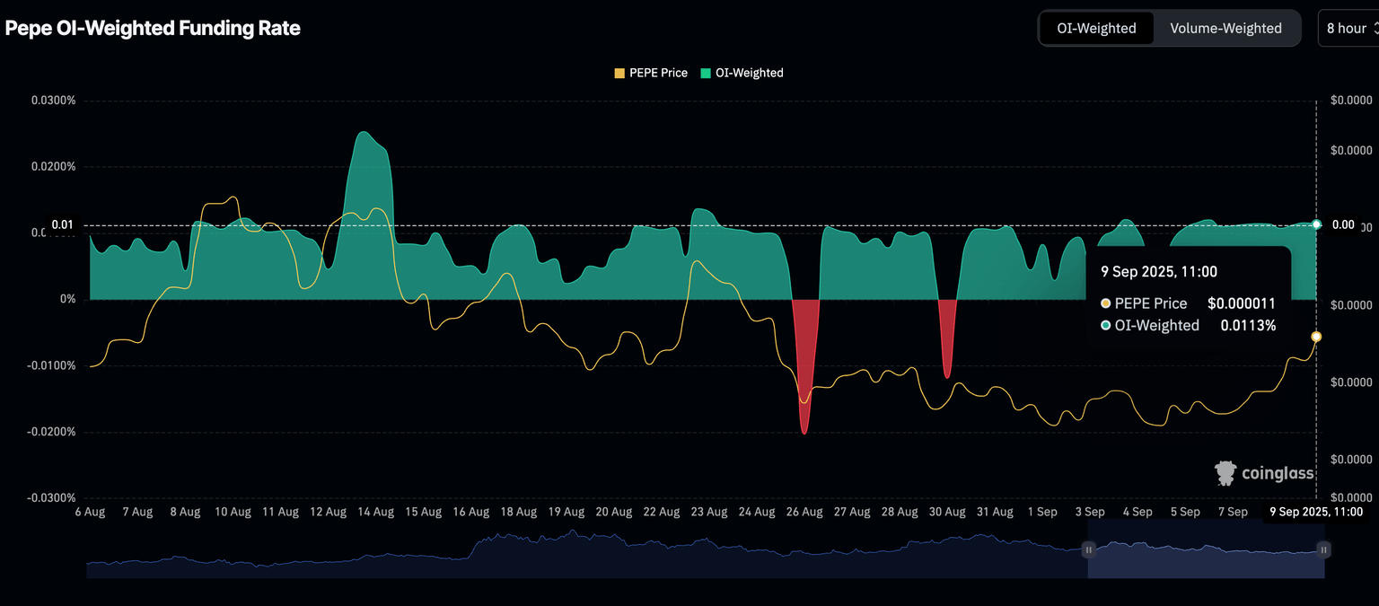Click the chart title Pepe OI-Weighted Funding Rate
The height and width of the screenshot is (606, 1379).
tap(153, 28)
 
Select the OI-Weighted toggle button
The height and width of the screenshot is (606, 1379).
tap(1096, 28)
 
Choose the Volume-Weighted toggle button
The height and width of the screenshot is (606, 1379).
tap(1225, 28)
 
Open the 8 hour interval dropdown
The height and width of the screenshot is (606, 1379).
tap(1349, 28)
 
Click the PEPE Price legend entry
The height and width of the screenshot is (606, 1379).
tap(651, 73)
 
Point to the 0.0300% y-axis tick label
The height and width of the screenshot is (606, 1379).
tap(54, 101)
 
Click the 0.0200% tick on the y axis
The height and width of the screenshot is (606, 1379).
tap(54, 167)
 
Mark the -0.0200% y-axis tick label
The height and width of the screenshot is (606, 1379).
tap(51, 432)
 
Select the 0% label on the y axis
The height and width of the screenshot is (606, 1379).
tap(68, 299)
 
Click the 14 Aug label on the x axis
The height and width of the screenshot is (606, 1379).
tap(375, 512)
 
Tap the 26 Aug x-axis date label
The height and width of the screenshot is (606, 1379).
tap(804, 512)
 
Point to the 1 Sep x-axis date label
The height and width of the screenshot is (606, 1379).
tap(1041, 512)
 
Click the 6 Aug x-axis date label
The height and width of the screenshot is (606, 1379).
tap(90, 512)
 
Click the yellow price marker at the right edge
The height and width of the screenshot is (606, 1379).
tap(1316, 337)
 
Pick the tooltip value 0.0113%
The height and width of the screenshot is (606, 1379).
tap(1248, 326)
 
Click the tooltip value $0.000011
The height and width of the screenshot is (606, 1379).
tap(1242, 303)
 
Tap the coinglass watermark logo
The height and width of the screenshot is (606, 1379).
tap(1265, 473)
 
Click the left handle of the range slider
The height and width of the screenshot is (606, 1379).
tap(1088, 549)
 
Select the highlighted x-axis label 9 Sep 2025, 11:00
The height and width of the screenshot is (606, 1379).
tap(1316, 512)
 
